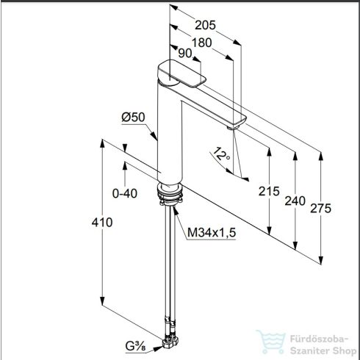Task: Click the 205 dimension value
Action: [205, 25]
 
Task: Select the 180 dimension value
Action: [201, 43]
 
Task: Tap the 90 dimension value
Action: [184, 53]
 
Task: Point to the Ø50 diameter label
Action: [133, 117]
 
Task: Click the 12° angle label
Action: [221, 154]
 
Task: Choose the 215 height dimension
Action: [269, 191]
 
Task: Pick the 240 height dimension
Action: [295, 201]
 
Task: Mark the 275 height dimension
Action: [320, 209]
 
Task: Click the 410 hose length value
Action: [102, 223]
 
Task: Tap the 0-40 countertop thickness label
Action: [125, 193]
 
